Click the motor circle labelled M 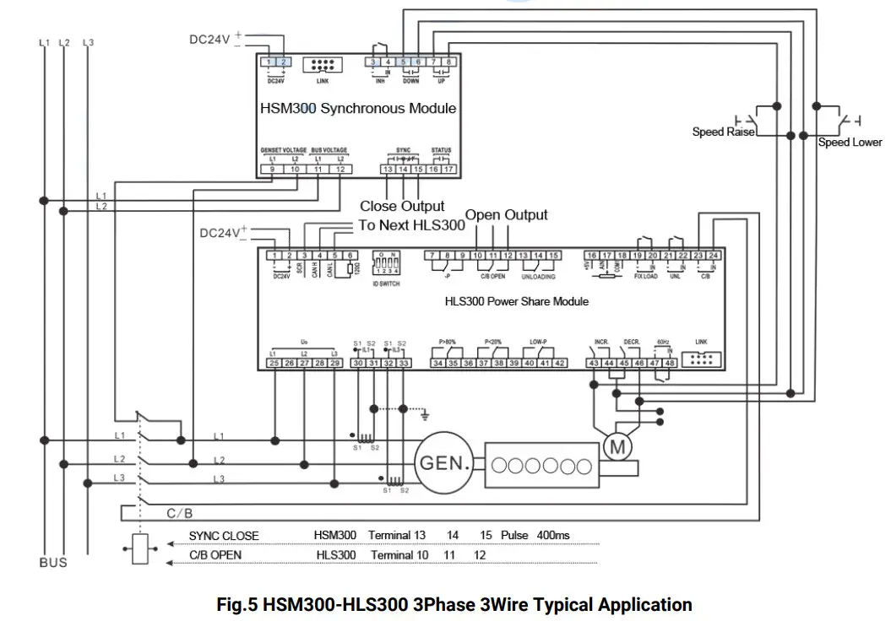pyautogui.click(x=617, y=447)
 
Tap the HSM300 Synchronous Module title pyautogui.click(x=357, y=108)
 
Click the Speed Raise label pyautogui.click(x=723, y=132)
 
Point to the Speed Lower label pyautogui.click(x=849, y=143)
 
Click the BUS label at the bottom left pyautogui.click(x=52, y=563)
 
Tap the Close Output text pyautogui.click(x=402, y=206)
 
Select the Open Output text pyautogui.click(x=506, y=215)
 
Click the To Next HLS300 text pyautogui.click(x=412, y=225)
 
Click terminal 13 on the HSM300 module pyautogui.click(x=388, y=170)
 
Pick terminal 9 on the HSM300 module pyautogui.click(x=271, y=170)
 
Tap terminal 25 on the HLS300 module pyautogui.click(x=274, y=363)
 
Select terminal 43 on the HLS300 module pyautogui.click(x=594, y=363)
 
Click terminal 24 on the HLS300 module pyautogui.click(x=713, y=255)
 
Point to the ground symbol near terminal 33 pyautogui.click(x=425, y=413)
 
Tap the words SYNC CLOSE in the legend pyautogui.click(x=224, y=536)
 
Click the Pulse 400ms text pyautogui.click(x=535, y=536)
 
